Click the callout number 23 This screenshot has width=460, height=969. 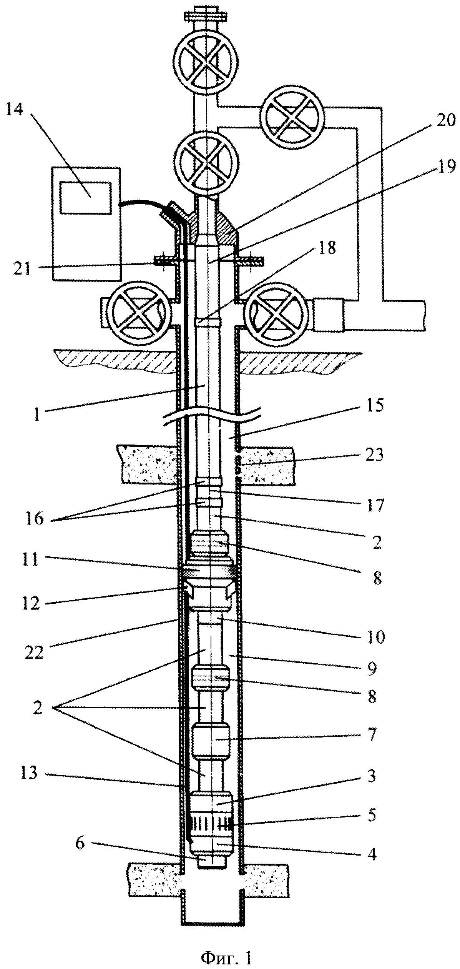(371, 456)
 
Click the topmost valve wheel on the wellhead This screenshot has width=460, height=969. (207, 64)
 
